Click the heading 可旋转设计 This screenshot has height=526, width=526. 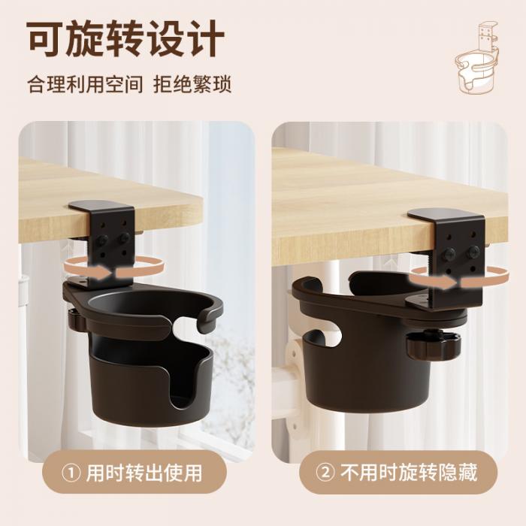pyautogui.click(x=125, y=38)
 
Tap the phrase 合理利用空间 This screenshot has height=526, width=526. pyautogui.click(x=85, y=84)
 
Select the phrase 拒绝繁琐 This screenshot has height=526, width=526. pyautogui.click(x=192, y=84)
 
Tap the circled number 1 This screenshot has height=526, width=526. pyautogui.click(x=71, y=473)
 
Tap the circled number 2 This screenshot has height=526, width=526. pyautogui.click(x=325, y=473)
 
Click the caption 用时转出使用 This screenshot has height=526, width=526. pyautogui.click(x=144, y=473)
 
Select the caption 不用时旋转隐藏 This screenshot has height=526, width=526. pyautogui.click(x=409, y=473)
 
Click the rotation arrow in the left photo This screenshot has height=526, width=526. pyautogui.click(x=114, y=268)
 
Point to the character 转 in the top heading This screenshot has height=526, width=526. pyautogui.click(x=125, y=38)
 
